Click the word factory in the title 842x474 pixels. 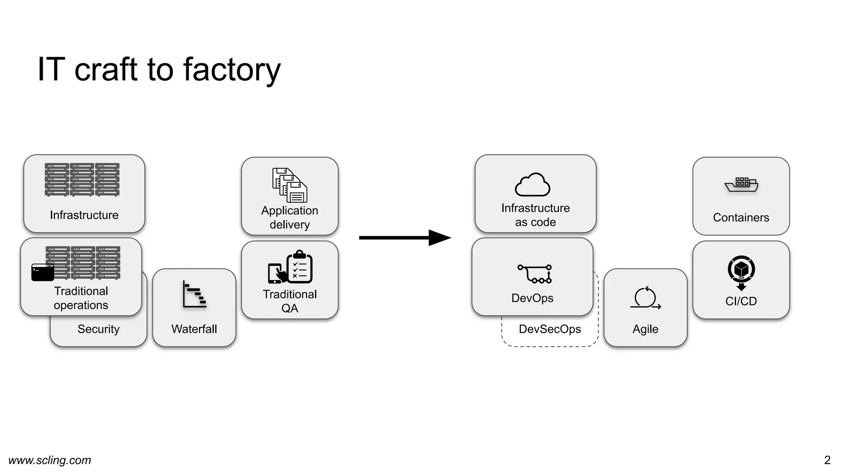(231, 70)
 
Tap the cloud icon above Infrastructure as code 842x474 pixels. (532, 185)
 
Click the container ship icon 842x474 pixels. (741, 185)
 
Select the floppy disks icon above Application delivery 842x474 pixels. (289, 185)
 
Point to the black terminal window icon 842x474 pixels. (42, 272)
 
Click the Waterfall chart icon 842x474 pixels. (194, 294)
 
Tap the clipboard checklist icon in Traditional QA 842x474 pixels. (299, 267)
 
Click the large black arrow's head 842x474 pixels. (440, 238)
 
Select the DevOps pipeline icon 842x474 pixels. (534, 274)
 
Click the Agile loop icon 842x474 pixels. (645, 297)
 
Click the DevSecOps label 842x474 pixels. (550, 329)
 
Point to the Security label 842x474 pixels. (98, 329)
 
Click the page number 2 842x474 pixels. (827, 460)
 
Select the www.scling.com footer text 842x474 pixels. (50, 460)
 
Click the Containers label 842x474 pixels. (741, 218)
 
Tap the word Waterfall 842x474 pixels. (194, 329)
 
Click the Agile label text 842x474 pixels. (645, 329)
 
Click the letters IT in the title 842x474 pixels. (51, 70)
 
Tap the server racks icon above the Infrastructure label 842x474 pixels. (82, 179)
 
